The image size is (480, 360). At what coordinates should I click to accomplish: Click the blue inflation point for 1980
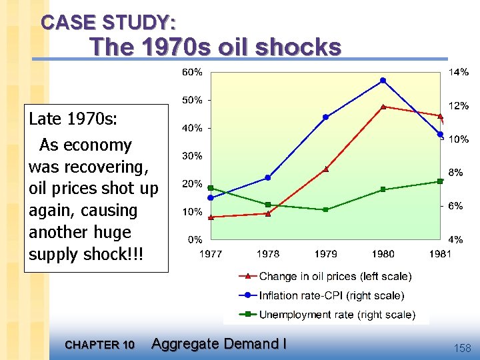tap(383, 81)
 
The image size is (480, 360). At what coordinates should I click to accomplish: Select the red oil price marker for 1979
tap(325, 169)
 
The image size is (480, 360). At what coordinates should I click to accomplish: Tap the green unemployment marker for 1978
tap(267, 204)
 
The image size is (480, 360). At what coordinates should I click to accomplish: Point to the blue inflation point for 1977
tap(211, 197)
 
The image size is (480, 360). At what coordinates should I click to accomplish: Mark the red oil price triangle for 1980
tap(383, 107)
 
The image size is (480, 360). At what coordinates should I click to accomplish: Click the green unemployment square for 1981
tap(440, 181)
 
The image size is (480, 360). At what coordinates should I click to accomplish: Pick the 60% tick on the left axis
tap(193, 72)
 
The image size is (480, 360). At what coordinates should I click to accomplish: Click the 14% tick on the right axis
tap(458, 72)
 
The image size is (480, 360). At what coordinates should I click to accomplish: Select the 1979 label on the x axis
tap(325, 253)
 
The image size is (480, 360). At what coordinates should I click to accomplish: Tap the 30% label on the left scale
tap(193, 156)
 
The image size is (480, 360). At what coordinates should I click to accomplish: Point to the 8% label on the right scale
tap(455, 172)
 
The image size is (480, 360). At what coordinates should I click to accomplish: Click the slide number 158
tap(461, 347)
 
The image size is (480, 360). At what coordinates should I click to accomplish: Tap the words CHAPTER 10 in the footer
tap(101, 345)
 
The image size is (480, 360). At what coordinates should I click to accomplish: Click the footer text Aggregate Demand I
tap(219, 344)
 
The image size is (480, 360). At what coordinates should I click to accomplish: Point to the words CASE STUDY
tap(109, 23)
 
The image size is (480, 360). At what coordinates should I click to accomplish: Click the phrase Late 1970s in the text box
tap(73, 119)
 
